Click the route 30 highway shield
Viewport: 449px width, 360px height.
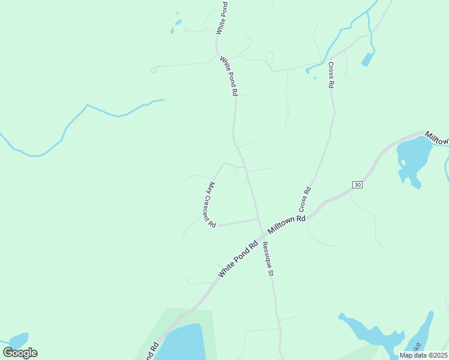point(358,185)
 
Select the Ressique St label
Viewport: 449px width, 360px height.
point(267,258)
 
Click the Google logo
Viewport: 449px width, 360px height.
point(20,353)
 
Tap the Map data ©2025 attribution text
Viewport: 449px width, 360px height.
point(424,355)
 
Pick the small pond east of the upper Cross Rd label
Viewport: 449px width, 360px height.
point(367,59)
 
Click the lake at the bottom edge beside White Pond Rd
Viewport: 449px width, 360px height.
point(183,343)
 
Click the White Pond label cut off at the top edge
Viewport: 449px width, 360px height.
point(222,17)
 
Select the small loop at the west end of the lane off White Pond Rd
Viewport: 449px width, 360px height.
point(153,70)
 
